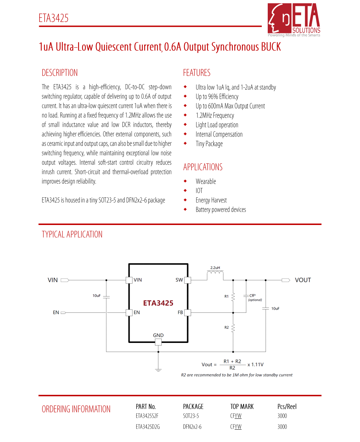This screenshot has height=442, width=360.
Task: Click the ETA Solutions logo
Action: [x=294, y=20]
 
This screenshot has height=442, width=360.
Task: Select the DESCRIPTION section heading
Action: [x=60, y=73]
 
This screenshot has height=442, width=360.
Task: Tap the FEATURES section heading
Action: [x=197, y=73]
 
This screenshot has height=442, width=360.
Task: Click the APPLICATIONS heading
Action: [x=203, y=167]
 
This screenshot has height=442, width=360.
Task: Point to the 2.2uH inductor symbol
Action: [x=215, y=275]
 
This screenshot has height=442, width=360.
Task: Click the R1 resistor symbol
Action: [x=233, y=296]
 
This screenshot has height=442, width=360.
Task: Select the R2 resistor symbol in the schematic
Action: [x=233, y=328]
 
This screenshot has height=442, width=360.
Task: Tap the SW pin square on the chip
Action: [x=187, y=280]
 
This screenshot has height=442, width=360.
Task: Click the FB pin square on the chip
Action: [x=187, y=312]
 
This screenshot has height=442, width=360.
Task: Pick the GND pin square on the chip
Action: [x=158, y=342]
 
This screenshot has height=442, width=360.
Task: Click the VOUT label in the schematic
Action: [x=303, y=280]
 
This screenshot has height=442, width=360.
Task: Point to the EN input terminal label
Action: [x=56, y=312]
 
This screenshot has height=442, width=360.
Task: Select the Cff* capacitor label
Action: [x=252, y=295]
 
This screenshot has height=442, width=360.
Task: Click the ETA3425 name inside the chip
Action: [x=158, y=303]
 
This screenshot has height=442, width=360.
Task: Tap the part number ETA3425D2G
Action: [x=148, y=427]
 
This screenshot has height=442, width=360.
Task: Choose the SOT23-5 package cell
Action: [x=191, y=416]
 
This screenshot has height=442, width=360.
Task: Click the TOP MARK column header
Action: [x=242, y=406]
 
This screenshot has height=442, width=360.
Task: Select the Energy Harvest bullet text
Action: [x=211, y=200]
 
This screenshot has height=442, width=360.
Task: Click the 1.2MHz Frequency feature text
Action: [x=215, y=116]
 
